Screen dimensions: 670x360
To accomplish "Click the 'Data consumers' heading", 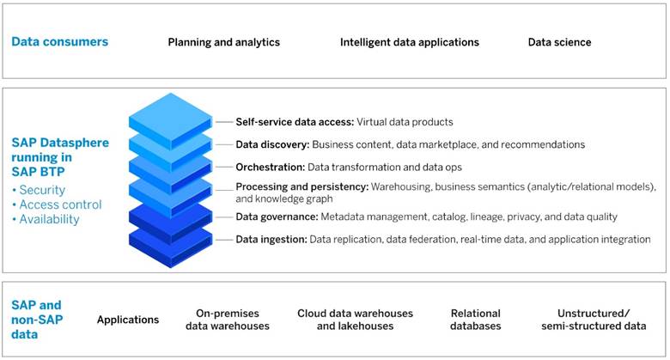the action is pyautogui.click(x=60, y=42).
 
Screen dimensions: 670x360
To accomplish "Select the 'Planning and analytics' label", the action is pyautogui.click(x=224, y=42).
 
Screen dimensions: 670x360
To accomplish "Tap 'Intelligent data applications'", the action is pyautogui.click(x=410, y=42).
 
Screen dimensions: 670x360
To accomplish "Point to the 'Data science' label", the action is pyautogui.click(x=560, y=42).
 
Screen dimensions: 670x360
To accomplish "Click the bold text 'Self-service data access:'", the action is pyautogui.click(x=295, y=122).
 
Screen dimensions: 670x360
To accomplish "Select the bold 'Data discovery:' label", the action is pyautogui.click(x=272, y=144).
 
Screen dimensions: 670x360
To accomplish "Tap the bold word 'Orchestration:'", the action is pyautogui.click(x=271, y=168).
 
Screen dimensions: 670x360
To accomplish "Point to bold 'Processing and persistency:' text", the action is pyautogui.click(x=302, y=186).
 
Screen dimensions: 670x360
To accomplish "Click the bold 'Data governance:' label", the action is pyautogui.click(x=277, y=217).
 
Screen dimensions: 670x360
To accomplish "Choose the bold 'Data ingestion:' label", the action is pyautogui.click(x=271, y=240).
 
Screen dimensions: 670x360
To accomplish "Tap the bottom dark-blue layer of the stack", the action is pyautogui.click(x=170, y=246).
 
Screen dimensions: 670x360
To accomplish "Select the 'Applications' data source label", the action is pyautogui.click(x=128, y=320).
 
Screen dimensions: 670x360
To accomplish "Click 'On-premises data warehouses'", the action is pyautogui.click(x=228, y=320).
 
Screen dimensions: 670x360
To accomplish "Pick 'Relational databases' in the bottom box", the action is pyautogui.click(x=476, y=320).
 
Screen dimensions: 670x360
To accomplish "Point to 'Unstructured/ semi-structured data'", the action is pyautogui.click(x=594, y=320).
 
